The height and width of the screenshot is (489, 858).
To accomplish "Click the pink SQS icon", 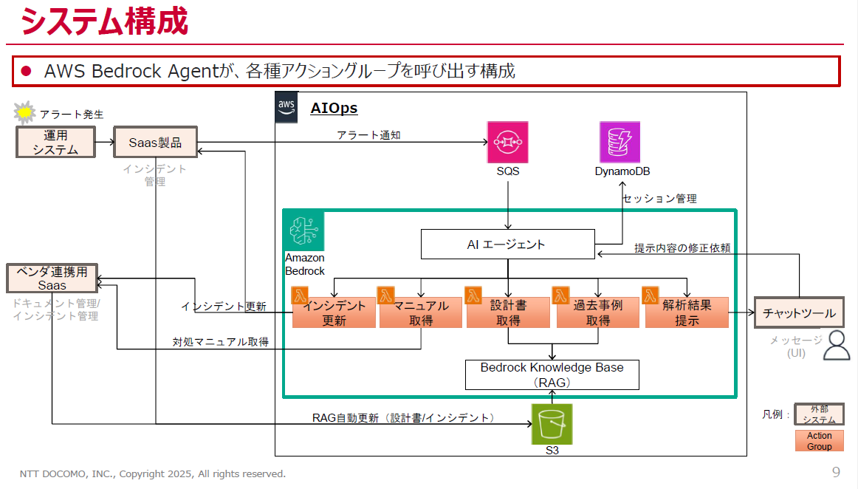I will pos(508,143).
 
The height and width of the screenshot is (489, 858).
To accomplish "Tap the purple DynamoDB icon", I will pos(620,143).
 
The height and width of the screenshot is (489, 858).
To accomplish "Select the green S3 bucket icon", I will pos(552,424).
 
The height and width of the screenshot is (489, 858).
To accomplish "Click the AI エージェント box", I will pos(507,244).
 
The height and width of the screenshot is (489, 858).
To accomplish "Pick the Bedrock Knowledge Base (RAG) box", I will pos(552,375).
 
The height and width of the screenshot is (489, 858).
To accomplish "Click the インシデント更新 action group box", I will pos(334,312).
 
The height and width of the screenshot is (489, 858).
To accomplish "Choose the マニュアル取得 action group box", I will pos(421,312).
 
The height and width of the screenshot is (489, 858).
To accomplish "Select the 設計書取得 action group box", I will pos(508,312).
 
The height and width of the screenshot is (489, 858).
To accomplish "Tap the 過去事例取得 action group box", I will pos(598,312).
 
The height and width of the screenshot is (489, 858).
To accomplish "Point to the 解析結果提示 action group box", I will pos(687,312).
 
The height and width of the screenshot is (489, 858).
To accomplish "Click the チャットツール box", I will pos(799,313).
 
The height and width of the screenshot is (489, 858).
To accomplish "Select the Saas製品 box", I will pos(155,142).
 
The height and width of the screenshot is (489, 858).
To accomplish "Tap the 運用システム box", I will pos(56,142).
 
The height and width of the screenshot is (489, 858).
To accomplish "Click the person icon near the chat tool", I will pos(836,345).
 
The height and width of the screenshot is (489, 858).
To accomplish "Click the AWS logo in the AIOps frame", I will pos(286,108).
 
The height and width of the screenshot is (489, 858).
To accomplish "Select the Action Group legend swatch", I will pos(819,441).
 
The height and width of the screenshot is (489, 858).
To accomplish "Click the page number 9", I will pos(836,472).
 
